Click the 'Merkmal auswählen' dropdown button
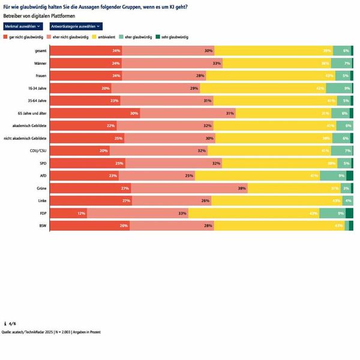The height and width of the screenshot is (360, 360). [22, 26]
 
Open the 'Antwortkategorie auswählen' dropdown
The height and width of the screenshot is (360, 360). [76, 26]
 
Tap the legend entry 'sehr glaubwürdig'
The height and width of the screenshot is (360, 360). [173, 37]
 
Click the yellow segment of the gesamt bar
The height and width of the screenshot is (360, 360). [273, 50]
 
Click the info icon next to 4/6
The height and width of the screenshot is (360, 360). [5, 323]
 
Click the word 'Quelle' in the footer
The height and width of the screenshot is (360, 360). [8, 331]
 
